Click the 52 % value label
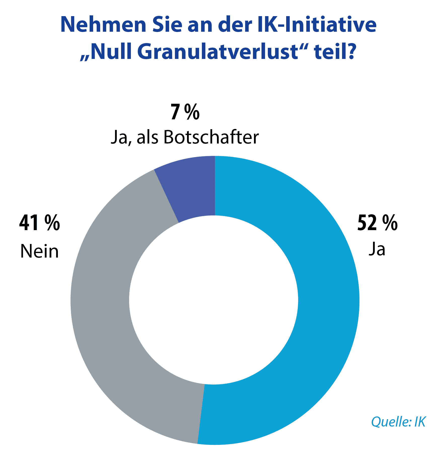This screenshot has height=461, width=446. coord(377,223)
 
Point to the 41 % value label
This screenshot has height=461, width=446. coord(40,223)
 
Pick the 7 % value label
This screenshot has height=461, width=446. coord(185,112)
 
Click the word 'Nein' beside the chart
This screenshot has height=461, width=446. coord(40,251)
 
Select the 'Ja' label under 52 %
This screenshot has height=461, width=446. coord(377,249)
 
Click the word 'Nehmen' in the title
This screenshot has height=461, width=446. coord(103,25)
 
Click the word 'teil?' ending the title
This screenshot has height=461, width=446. coord(335,52)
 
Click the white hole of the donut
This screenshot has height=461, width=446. coord(214,300)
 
